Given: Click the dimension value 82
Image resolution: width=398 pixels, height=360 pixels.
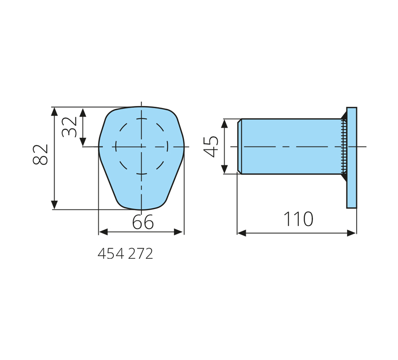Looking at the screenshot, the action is pos(40,154).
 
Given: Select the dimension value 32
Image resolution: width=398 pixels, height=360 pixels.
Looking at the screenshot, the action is pos(69,127).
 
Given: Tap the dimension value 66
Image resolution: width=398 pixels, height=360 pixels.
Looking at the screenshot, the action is pos(143,222).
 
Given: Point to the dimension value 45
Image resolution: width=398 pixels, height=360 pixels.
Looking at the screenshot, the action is pos(211,147).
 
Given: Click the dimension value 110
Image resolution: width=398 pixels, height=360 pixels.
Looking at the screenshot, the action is pos(298,219).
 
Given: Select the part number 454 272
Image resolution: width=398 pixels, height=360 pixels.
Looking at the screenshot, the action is pos(125,253).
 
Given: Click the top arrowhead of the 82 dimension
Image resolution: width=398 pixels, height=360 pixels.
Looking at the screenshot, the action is pos(54,111).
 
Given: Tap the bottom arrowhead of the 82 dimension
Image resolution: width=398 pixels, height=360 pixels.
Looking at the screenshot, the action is pos(54,205).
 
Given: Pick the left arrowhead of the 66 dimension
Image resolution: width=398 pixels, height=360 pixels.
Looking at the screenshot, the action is pos(103,232).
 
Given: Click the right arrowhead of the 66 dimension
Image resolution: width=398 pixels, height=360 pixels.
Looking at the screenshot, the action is pos(178,232).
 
